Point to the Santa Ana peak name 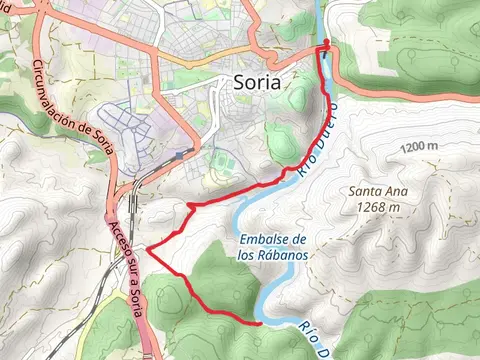point(375,192)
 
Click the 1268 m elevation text point(376,208)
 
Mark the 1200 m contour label point(419,148)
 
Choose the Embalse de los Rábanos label point(271,246)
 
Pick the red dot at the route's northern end point(326,42)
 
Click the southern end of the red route point(259,323)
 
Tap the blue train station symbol point(180,155)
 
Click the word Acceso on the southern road point(117,234)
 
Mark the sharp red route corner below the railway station point(188,205)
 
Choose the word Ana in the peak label point(395,192)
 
